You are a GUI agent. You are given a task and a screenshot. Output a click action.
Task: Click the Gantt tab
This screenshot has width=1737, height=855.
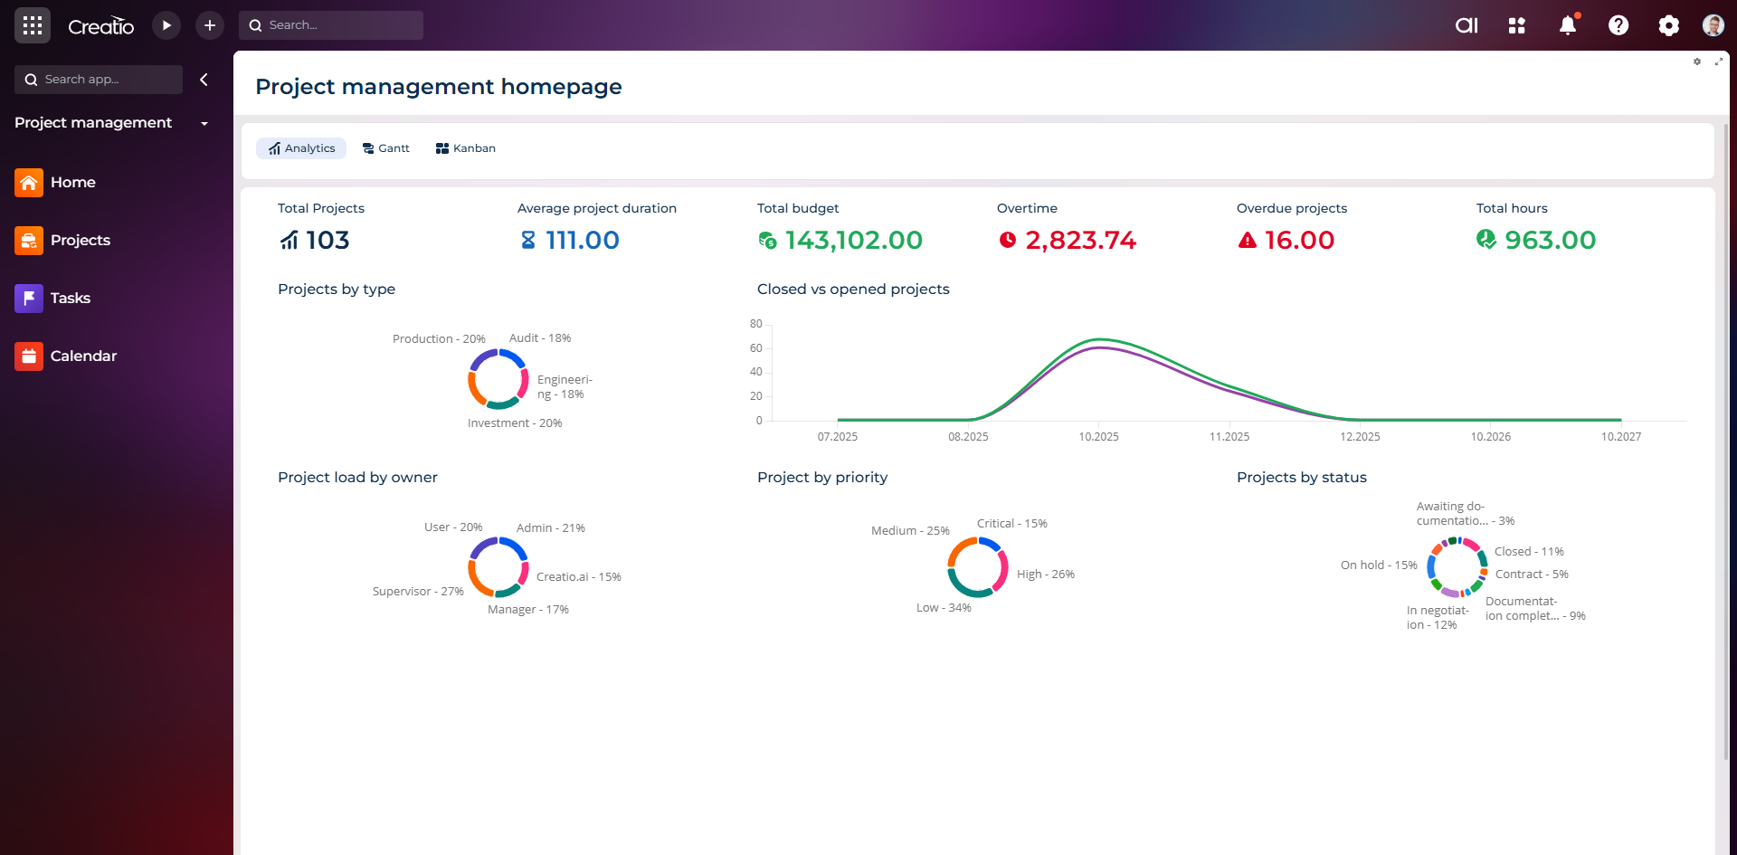coord(386,148)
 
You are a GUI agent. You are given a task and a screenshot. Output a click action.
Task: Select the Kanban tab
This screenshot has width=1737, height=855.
coord(466,148)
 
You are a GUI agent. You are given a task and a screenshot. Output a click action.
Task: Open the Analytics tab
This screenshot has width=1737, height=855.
coord(301,148)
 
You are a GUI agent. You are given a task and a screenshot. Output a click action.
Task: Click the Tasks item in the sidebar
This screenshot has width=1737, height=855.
coord(71,299)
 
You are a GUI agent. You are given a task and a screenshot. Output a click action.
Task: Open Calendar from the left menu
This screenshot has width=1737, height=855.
coord(83,356)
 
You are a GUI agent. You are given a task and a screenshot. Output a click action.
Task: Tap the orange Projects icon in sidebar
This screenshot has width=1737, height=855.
coord(29,241)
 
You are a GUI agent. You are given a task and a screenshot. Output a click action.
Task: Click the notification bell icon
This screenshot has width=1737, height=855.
coord(1568,25)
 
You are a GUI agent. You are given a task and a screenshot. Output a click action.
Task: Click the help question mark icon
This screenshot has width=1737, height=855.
coord(1618,25)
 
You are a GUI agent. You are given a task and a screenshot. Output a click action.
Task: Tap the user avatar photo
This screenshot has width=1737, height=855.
coord(1713,25)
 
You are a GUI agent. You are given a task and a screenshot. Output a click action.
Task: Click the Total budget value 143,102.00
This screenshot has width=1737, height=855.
coord(853,241)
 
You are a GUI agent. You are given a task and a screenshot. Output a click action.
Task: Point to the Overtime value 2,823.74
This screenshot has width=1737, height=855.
coord(1080,241)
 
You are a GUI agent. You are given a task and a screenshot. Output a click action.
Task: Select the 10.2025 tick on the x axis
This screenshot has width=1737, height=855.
coord(1098,437)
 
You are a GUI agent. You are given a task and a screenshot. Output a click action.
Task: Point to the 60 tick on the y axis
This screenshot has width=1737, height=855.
coord(756,348)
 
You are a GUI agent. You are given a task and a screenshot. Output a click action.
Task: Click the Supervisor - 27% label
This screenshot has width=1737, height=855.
coord(418,592)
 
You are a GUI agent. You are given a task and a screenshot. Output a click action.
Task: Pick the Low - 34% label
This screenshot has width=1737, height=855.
coord(944,608)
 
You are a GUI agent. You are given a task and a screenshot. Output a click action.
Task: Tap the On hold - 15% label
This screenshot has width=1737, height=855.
coord(1379,565)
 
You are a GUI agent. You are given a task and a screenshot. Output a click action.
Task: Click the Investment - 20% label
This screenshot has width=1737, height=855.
coord(515,423)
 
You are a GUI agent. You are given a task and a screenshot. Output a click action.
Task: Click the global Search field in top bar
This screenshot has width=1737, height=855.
coord(331,25)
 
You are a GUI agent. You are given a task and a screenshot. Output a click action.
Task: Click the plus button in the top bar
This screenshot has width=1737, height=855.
coord(210,25)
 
